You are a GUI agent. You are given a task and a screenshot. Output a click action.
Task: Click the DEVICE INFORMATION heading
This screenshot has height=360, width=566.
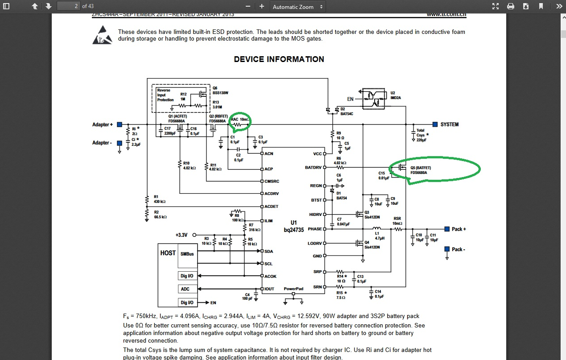coord(279,59)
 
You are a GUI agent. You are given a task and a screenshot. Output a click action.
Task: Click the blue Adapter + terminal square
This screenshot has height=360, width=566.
coord(120,125)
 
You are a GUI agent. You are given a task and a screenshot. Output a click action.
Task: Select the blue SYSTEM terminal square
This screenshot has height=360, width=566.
coord(435,124)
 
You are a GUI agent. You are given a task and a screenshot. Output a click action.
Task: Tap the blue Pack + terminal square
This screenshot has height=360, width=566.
coord(446,229)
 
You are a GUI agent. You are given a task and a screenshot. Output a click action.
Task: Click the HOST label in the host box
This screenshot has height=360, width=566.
coord(168,253)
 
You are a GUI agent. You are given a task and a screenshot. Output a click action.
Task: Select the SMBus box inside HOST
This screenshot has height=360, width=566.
coord(187,254)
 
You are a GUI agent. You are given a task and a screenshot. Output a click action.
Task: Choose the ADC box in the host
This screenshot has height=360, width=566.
coord(185,289)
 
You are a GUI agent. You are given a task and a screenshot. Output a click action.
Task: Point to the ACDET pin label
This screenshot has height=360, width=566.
coord(271,207)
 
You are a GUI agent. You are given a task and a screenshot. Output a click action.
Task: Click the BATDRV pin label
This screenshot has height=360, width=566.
coord(313,168)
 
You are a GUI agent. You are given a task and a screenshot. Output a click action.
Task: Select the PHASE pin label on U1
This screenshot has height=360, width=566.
coord(314,229)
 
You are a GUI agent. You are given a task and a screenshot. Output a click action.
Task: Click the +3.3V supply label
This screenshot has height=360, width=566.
coord(182,235)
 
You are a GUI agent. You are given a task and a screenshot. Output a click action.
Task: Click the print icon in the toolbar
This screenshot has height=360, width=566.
coord(511,6)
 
